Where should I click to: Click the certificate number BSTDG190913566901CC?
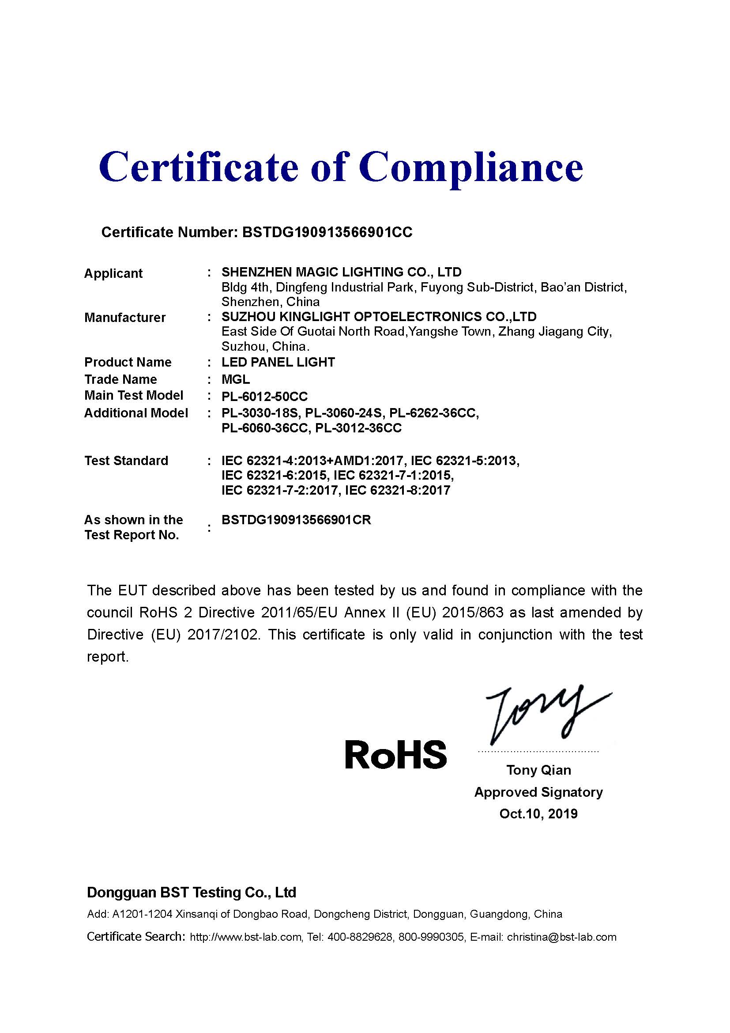click(x=327, y=232)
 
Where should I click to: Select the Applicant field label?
click(x=113, y=273)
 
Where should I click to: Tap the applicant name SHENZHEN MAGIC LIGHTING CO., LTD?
click(x=341, y=272)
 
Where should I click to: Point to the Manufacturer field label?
click(x=125, y=318)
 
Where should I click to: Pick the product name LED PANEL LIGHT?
click(x=278, y=362)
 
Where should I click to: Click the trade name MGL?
click(x=236, y=379)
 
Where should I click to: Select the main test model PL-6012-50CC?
click(x=265, y=396)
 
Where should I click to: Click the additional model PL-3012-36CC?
click(x=358, y=428)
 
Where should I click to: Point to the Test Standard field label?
click(x=126, y=461)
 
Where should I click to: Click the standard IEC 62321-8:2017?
click(x=397, y=490)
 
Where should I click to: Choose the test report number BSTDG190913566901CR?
click(x=296, y=520)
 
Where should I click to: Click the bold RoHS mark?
click(x=395, y=755)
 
